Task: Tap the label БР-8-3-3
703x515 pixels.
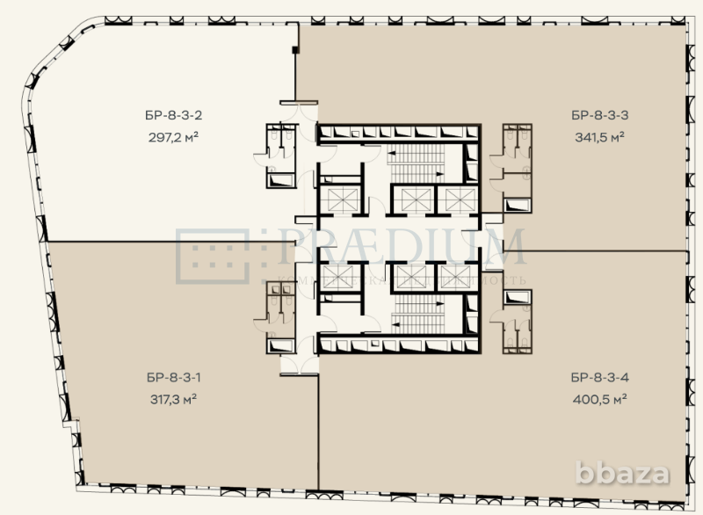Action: pos(598,114)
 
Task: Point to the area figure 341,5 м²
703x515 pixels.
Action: pos(598,136)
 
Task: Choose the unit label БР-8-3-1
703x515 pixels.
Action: pos(171,379)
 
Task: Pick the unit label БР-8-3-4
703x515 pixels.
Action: pos(598,379)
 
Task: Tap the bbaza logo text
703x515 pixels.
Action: pos(623,474)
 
